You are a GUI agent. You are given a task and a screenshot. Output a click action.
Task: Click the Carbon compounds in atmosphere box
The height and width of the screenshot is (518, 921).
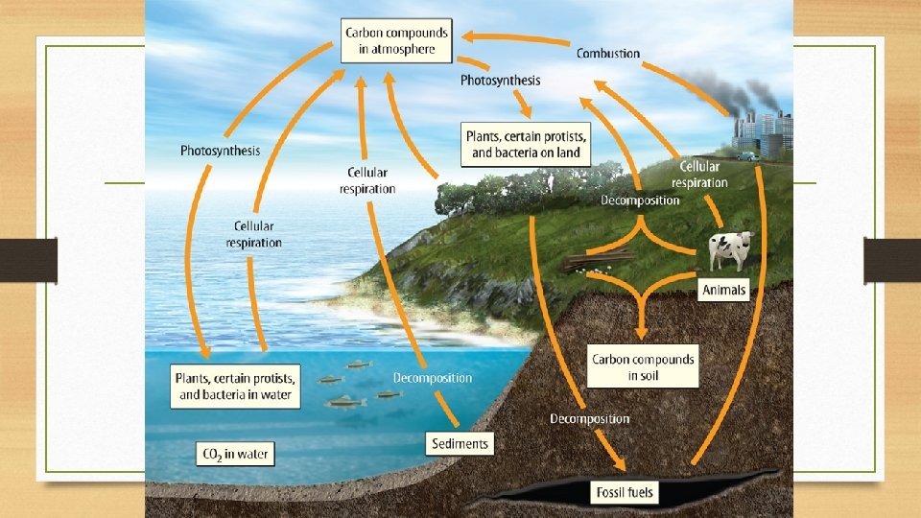(x=395, y=40)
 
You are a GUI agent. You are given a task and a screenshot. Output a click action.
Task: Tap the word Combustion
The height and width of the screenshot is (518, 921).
(x=608, y=53)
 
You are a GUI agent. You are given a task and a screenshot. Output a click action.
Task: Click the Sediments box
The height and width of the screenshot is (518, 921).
(x=460, y=443)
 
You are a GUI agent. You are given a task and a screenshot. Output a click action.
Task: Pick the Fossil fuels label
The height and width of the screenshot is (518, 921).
(x=623, y=494)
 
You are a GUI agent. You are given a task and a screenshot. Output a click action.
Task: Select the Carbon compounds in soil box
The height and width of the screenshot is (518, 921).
(x=643, y=366)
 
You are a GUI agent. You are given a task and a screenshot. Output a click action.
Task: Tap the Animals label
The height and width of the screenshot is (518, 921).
(x=723, y=290)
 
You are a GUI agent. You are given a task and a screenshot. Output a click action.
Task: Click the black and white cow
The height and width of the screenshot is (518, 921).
(x=731, y=251)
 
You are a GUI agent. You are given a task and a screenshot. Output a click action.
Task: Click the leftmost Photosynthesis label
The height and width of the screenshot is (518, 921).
(x=220, y=151)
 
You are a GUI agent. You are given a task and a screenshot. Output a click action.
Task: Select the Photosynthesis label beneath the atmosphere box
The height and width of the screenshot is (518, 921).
(x=500, y=81)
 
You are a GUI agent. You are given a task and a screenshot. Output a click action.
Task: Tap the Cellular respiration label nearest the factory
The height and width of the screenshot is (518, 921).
(x=699, y=175)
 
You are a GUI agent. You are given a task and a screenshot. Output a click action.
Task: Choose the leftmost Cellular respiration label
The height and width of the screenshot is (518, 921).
(x=254, y=234)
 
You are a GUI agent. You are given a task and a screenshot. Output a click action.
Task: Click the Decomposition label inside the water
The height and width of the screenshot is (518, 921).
(x=433, y=378)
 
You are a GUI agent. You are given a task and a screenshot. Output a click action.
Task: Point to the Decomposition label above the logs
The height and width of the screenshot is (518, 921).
(x=640, y=200)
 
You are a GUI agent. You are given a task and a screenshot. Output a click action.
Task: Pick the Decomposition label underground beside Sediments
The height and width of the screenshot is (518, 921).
(x=589, y=418)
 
